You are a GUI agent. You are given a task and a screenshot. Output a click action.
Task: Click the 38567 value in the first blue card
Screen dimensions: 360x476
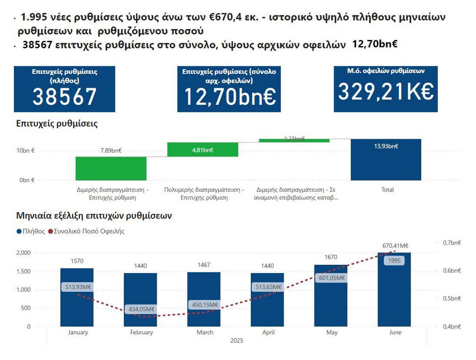pyautogui.click(x=64, y=96)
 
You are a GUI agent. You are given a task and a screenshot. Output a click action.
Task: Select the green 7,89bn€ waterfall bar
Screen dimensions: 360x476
pyautogui.click(x=111, y=168)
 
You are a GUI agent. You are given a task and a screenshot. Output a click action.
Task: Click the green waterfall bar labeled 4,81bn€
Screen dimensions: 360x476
pyautogui.click(x=203, y=150)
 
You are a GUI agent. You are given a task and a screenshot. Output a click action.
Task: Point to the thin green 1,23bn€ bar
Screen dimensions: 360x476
pyautogui.click(x=294, y=140)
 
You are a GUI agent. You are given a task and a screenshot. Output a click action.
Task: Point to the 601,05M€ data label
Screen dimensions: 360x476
pyautogui.click(x=332, y=278)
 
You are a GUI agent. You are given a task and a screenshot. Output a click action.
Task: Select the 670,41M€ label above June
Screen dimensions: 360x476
pyautogui.click(x=395, y=246)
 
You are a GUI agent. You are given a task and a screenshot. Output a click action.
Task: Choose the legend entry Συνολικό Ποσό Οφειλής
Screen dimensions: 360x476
pyautogui.click(x=86, y=231)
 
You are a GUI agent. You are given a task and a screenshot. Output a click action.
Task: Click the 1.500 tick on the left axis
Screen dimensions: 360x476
pyautogui.click(x=23, y=271)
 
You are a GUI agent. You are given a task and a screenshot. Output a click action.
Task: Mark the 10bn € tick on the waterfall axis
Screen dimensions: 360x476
pyautogui.click(x=25, y=151)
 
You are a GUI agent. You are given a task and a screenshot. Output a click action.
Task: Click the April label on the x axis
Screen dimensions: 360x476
pyautogui.click(x=268, y=333)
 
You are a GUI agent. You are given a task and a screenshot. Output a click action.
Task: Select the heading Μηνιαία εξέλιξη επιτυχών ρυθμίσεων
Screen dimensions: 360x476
pyautogui.click(x=94, y=216)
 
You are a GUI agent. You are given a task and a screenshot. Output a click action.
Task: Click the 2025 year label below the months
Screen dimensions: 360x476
pyautogui.click(x=236, y=341)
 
